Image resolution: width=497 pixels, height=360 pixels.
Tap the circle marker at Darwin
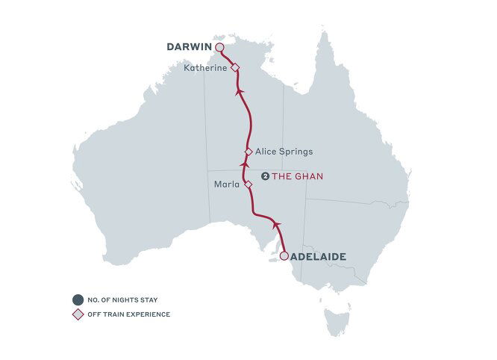click(x=219, y=47)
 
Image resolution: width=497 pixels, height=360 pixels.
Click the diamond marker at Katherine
click(x=234, y=68)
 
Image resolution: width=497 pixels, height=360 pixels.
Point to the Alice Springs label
click(x=284, y=151)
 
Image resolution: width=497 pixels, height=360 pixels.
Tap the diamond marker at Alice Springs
click(x=248, y=151)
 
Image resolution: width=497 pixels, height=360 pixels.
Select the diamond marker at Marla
click(x=248, y=184)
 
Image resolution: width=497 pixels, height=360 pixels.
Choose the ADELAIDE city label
click(x=319, y=256)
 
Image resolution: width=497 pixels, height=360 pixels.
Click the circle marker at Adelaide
click(x=284, y=256)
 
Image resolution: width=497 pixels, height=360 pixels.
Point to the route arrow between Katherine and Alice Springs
click(x=239, y=90)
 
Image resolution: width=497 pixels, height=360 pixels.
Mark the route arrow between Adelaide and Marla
click(x=277, y=223)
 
